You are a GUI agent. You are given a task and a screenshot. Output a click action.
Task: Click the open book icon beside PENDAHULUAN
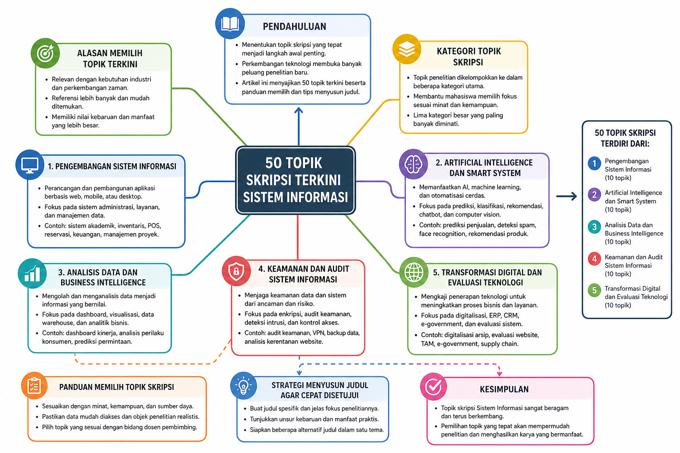pos(230,24)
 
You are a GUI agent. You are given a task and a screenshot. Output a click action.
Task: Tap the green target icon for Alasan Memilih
pos(45,54)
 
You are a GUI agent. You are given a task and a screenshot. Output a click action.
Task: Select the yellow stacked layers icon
pos(406,49)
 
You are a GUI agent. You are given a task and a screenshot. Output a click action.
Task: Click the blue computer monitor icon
pos(30,165)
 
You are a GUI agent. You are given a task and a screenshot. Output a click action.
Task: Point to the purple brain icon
pos(413,164)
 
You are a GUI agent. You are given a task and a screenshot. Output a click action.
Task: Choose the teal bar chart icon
pos(32,273)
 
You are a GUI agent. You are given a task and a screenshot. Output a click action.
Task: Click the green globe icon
pos(414,272)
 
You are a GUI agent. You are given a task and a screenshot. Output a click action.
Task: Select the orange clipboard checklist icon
pos(34,386)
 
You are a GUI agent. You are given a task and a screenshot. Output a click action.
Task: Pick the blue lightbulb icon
pos(243,386)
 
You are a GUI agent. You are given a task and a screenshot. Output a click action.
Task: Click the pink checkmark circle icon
pos(433,387)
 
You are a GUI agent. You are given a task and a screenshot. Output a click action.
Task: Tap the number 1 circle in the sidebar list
pos(594,164)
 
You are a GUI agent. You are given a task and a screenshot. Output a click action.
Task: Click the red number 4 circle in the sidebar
pos(594,259)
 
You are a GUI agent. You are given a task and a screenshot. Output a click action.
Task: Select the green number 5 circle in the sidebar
pos(594,290)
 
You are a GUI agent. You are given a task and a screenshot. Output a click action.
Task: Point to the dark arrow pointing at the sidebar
pos(567,196)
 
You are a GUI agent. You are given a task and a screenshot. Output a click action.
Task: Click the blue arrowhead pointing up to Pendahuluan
pos(299,111)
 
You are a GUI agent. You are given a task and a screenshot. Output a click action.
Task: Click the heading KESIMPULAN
pos(504,389)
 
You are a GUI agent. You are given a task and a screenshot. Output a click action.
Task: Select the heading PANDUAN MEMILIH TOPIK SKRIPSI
pos(116,387)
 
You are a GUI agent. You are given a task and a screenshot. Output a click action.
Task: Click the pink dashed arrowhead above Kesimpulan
pos(499,373)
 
